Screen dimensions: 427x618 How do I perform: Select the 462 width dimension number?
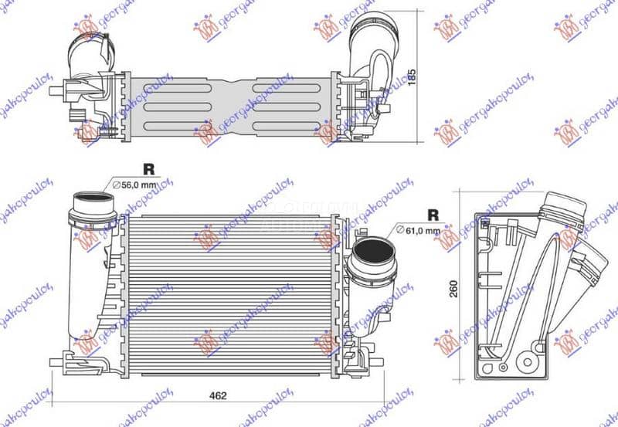point(218,396)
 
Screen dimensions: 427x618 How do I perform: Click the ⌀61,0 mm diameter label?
point(418,230)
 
